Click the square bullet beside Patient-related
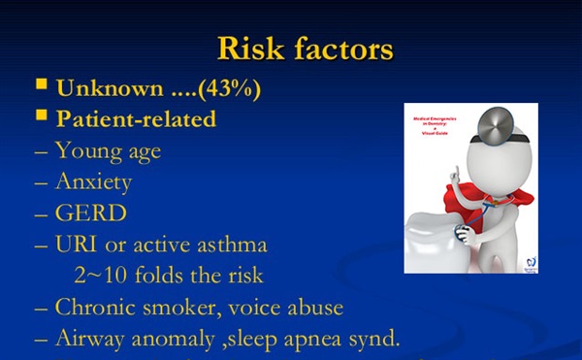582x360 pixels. (x=42, y=117)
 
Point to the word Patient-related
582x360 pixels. (x=136, y=119)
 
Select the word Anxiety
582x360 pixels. (x=93, y=181)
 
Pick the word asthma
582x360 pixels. (x=230, y=243)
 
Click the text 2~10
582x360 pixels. (x=98, y=275)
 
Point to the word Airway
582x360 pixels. (x=93, y=338)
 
